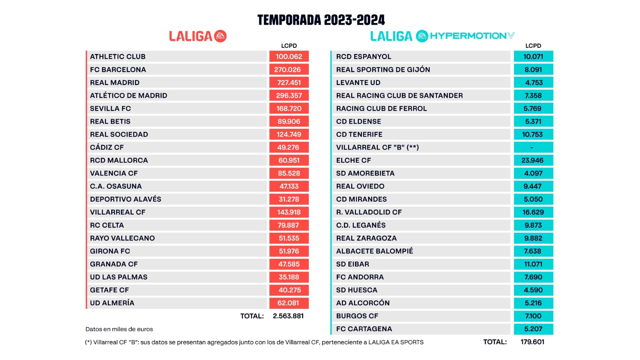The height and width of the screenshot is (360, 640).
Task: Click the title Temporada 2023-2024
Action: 321,20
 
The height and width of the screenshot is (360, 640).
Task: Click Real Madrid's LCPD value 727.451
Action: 289,82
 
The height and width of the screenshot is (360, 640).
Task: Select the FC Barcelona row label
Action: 118,70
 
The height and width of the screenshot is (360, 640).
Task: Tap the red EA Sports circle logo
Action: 220,36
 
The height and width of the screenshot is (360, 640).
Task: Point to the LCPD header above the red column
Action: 289,46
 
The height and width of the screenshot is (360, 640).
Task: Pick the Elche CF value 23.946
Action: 532,160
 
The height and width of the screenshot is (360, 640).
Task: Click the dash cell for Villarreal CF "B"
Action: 532,148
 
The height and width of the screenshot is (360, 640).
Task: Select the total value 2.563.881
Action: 288,316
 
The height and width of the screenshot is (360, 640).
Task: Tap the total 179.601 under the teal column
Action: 532,342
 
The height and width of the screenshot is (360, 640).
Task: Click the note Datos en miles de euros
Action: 119,329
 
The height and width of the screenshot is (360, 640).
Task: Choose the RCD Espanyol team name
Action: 364,57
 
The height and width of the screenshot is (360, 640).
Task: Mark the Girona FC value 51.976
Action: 289,251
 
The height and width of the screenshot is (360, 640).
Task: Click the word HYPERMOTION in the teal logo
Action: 468,36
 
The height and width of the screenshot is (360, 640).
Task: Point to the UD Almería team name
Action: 112,303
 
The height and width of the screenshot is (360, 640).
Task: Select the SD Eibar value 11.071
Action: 533,264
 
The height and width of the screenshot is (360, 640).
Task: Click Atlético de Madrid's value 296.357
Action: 289,96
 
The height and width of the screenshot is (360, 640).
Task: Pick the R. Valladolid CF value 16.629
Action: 533,212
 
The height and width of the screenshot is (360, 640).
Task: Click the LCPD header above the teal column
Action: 533,46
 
